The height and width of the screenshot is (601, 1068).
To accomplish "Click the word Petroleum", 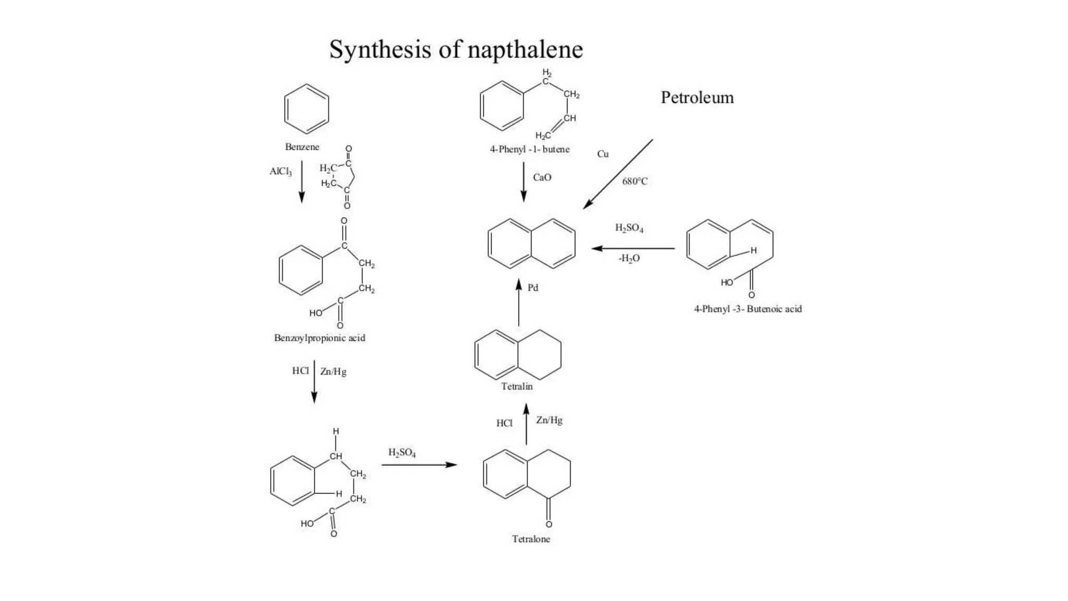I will [x=697, y=98].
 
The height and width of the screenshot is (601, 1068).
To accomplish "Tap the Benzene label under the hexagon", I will [x=302, y=147].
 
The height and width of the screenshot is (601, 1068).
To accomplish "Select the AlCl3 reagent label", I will [x=281, y=172].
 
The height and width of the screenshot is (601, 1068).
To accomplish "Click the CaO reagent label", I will [x=542, y=177].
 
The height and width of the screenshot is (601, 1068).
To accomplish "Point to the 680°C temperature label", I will [x=635, y=182].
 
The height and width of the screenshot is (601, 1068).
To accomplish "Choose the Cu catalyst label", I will [x=603, y=154].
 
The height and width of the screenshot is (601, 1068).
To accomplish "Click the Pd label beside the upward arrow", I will [x=532, y=288].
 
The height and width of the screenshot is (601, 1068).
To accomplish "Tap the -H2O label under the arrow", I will [x=629, y=258].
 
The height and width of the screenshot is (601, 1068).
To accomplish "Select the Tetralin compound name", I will [x=517, y=387].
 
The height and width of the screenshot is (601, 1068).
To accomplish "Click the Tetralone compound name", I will [x=531, y=539].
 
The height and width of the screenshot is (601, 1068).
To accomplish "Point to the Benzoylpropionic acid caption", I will [x=320, y=338].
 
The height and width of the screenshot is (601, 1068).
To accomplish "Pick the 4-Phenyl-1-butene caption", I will [x=529, y=149].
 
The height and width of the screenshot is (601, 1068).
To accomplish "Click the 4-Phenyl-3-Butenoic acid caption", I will [x=747, y=309].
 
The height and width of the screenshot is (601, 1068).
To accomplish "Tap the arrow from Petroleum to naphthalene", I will [x=618, y=174].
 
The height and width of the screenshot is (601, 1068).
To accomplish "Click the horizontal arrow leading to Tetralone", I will [x=419, y=464].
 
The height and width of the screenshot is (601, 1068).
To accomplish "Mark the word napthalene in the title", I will [x=525, y=50].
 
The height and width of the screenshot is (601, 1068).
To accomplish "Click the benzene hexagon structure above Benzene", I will [x=307, y=109].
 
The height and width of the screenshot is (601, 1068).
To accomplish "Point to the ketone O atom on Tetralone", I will [x=549, y=524].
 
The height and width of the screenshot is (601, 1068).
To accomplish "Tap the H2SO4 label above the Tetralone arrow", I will [x=402, y=453].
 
